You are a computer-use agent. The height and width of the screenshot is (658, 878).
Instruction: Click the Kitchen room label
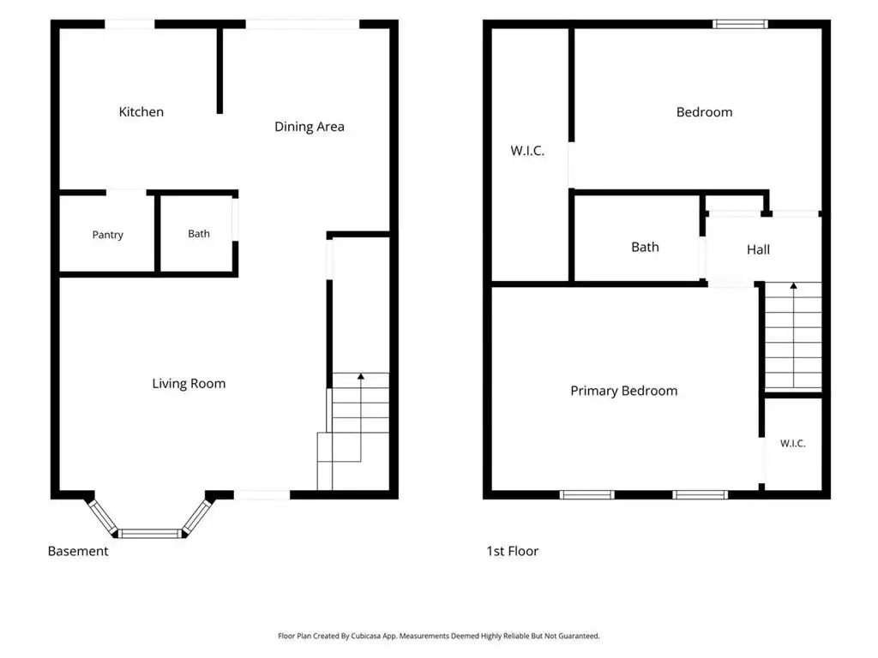[x=141, y=112]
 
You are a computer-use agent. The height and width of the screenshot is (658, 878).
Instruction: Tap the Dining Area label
[x=309, y=127]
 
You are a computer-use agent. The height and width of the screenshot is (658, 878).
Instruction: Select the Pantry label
[x=107, y=235]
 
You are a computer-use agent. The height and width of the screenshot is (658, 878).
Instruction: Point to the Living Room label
[x=189, y=384]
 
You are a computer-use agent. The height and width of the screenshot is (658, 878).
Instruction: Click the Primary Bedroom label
[x=624, y=391]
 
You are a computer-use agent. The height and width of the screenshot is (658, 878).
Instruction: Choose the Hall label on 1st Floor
[x=758, y=249]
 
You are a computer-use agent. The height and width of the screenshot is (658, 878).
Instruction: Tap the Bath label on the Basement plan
[x=199, y=234]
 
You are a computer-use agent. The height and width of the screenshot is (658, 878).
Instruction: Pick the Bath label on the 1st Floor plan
[x=645, y=248]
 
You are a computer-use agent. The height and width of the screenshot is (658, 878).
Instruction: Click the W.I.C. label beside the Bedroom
[x=527, y=151]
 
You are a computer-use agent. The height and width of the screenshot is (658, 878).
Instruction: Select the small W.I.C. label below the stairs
[x=793, y=444]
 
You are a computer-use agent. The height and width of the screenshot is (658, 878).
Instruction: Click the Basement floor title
[x=78, y=551]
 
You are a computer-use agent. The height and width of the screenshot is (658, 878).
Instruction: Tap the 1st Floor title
[x=513, y=551]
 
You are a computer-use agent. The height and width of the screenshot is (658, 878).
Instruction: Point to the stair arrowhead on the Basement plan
[x=361, y=377]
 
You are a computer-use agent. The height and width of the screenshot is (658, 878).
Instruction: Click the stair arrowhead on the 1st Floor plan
[x=793, y=286]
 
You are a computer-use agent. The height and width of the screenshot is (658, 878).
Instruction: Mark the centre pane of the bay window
[x=150, y=534]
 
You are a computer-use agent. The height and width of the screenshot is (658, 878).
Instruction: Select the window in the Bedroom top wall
[x=740, y=24]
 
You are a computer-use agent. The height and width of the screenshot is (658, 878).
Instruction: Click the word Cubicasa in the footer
[x=366, y=637]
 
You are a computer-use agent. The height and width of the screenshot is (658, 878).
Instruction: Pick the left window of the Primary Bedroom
[x=586, y=494]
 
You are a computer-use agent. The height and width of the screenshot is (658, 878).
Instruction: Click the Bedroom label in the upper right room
[x=705, y=112]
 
